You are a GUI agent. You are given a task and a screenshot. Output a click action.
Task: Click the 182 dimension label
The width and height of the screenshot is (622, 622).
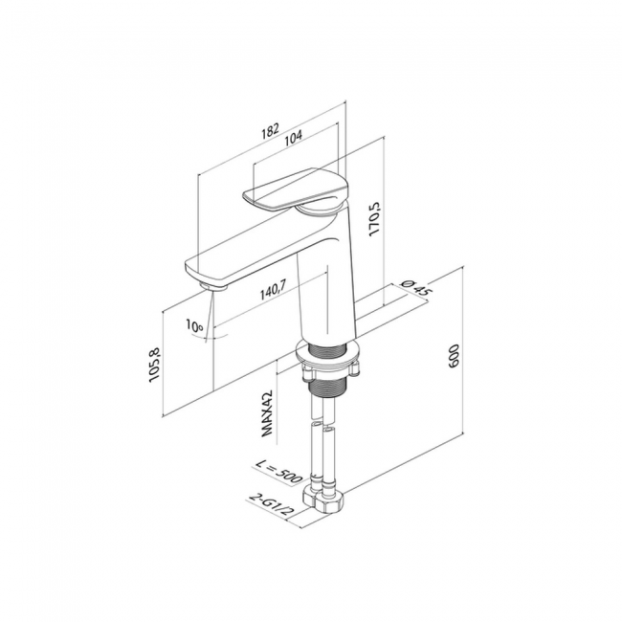(x=271, y=130)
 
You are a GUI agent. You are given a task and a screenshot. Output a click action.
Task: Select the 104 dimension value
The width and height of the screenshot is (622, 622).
(x=294, y=136)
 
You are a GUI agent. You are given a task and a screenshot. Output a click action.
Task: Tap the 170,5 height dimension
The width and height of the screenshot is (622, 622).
(x=374, y=219)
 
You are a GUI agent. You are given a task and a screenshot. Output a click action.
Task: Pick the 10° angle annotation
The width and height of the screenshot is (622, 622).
(x=194, y=325)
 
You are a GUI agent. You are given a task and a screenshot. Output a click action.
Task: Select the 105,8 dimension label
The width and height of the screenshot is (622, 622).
(x=154, y=365)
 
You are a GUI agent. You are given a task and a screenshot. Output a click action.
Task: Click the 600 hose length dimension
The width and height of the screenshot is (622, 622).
(x=454, y=356)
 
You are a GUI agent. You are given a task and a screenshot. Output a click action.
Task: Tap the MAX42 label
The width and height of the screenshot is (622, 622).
(x=267, y=413)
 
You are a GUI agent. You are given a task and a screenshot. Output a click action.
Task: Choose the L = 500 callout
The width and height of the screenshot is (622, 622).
(x=279, y=471)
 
